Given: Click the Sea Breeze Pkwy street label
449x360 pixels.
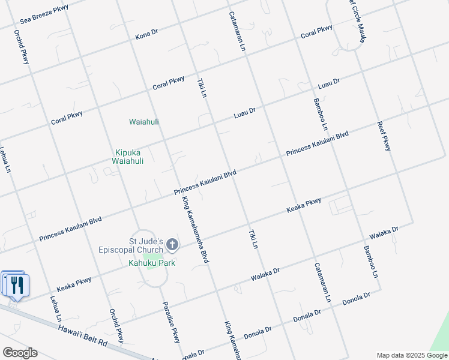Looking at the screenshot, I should pyautogui.click(x=44, y=14).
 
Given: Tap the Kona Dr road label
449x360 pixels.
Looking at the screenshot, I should pyautogui.click(x=146, y=35).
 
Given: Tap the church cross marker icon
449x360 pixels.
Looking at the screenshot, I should pyautogui.click(x=172, y=244).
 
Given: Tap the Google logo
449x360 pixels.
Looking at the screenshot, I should pyautogui.click(x=20, y=353).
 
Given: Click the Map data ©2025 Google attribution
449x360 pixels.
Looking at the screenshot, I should pyautogui.click(x=411, y=355).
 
